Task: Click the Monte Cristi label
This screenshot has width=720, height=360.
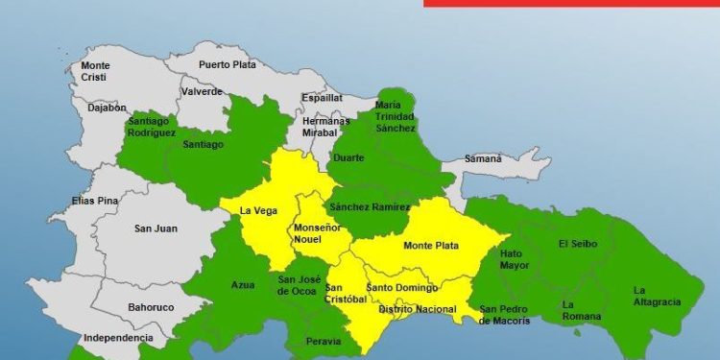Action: click(x=95, y=71)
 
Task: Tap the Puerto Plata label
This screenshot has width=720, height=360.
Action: click(x=228, y=65)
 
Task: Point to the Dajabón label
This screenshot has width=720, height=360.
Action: click(x=107, y=108)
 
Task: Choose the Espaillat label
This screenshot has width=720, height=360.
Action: click(x=322, y=98)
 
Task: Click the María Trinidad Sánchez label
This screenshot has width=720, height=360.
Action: click(x=395, y=116)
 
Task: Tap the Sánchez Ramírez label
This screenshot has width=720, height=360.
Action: click(x=369, y=207)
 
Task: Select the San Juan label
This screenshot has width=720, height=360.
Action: click(x=154, y=228)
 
